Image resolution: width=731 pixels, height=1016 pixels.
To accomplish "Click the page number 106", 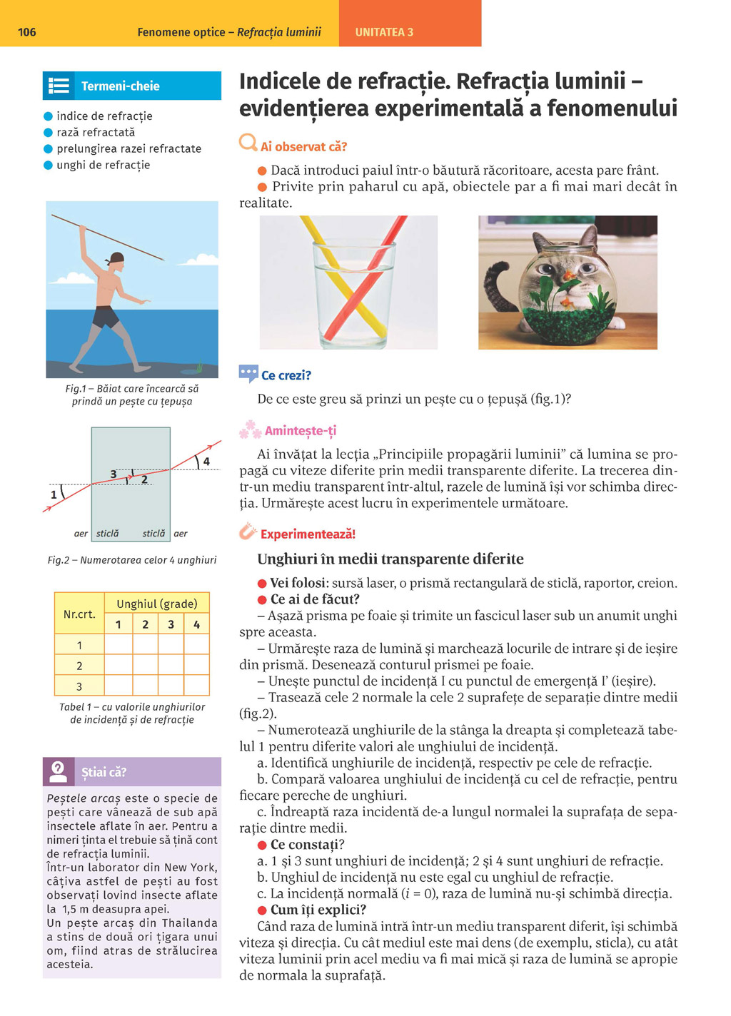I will point(26,32).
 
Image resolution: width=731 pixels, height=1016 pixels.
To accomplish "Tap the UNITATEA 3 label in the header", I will point(384,32).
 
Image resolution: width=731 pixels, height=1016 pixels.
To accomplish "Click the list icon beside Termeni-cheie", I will point(59,86).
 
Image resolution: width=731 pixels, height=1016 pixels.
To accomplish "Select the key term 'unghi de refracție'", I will point(103,165).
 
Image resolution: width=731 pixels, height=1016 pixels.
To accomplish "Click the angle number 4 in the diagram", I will point(206,462).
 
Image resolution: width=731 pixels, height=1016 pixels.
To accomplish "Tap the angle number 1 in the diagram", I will point(54,494).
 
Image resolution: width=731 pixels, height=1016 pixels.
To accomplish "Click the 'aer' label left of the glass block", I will point(81,534).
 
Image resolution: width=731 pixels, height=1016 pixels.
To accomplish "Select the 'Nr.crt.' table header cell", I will point(79,614).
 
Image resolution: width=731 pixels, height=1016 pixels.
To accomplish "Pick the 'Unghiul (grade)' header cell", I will point(157,604).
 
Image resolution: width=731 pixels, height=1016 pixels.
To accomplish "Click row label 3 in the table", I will point(79,686).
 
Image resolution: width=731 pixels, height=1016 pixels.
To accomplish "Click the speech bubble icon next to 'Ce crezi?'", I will point(248,373).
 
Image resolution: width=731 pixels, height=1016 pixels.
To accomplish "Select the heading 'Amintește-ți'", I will point(300,431).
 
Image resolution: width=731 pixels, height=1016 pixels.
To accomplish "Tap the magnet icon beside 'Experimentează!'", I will point(248,532).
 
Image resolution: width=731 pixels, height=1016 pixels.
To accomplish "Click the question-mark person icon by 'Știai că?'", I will point(58,771).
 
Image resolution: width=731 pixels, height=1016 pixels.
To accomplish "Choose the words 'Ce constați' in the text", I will point(304,845).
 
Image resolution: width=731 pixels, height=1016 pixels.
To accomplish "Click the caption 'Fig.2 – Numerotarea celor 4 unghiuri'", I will point(132,560).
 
